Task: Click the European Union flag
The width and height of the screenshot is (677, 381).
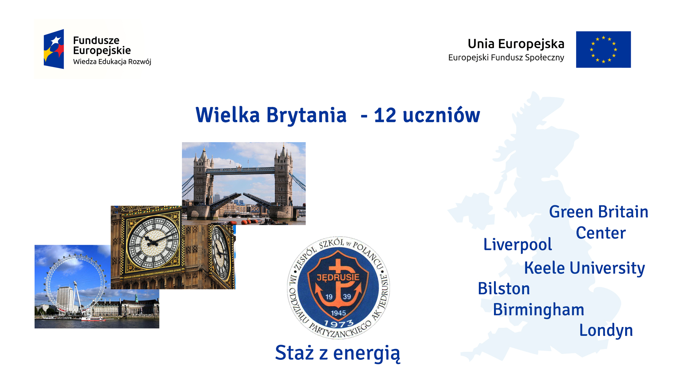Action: coord(603,49)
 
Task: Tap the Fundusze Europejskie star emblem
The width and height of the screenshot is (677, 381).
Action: coord(54,49)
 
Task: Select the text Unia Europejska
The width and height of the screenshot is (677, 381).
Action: coord(516,44)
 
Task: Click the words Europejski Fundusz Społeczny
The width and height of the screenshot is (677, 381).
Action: coord(506,58)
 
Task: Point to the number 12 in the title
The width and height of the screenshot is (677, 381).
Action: coord(385,115)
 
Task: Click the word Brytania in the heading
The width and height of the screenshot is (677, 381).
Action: coord(306,116)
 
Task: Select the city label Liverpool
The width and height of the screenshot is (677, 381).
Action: coord(518,245)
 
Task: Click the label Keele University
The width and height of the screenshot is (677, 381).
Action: coord(584,268)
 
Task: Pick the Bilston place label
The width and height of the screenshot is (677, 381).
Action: coord(504,289)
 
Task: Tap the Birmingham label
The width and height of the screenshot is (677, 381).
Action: coord(538,310)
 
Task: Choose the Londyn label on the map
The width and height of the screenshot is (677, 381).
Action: coord(606,331)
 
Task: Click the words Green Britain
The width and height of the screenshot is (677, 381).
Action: coord(599,212)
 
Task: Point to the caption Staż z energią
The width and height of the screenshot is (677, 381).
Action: coord(338,353)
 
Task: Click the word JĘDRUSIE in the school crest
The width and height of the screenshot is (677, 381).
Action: coord(338,277)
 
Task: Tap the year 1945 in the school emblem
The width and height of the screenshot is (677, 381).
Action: coord(338,313)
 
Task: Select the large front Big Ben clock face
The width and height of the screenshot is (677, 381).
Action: coord(153,243)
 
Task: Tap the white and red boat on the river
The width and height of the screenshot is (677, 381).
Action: coord(93,319)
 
